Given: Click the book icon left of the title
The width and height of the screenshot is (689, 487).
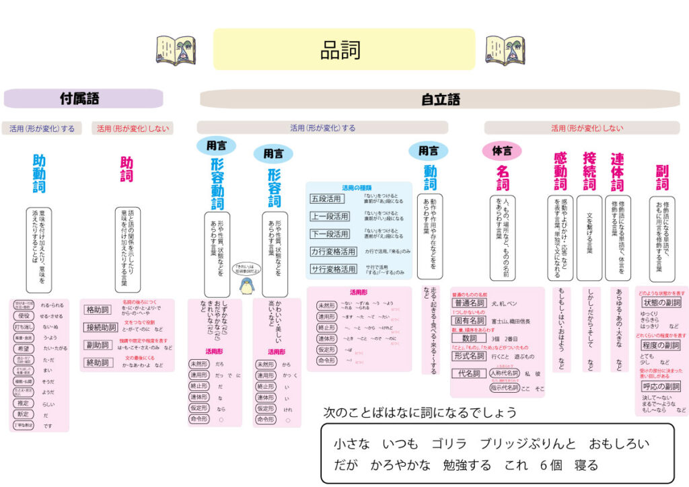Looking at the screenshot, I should [176, 50].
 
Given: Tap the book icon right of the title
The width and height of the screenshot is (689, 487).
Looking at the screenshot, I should [505, 50].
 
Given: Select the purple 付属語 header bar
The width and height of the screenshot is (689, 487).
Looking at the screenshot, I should [83, 99].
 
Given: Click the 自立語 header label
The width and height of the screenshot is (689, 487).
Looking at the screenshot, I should [441, 100].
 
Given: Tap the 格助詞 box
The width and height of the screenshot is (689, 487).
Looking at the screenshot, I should [100, 310].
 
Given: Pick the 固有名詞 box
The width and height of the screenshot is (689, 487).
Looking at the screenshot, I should [469, 322].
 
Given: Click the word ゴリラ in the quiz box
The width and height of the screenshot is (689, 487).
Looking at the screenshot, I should [449, 444].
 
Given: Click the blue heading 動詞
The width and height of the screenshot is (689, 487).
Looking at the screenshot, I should [430, 178].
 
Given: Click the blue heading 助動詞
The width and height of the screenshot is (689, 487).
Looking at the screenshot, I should [39, 174].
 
